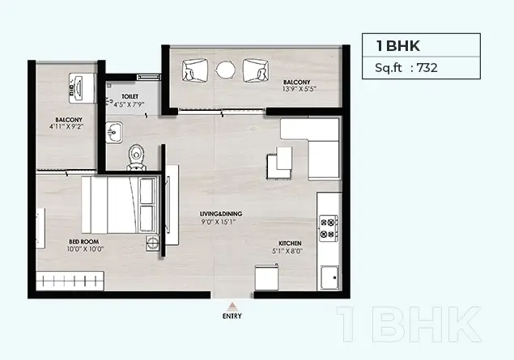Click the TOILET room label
(x=130, y=96)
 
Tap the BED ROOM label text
(x=84, y=242)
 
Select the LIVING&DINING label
(x=221, y=214)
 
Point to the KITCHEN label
(x=290, y=244)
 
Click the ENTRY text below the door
(x=232, y=316)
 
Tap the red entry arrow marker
(x=232, y=307)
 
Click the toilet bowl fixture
(x=136, y=158)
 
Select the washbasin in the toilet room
(x=114, y=133)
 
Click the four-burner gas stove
(x=329, y=228)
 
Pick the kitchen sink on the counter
(x=329, y=277)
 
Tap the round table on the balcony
(x=226, y=70)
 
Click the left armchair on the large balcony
(x=195, y=70)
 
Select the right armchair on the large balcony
(x=256, y=70)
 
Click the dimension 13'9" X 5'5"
(x=299, y=89)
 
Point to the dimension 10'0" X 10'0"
(x=85, y=249)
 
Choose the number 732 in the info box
(x=427, y=68)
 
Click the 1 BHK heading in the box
(x=398, y=45)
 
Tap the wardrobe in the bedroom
(x=70, y=281)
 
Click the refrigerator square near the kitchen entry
(x=267, y=277)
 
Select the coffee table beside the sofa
(x=279, y=163)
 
